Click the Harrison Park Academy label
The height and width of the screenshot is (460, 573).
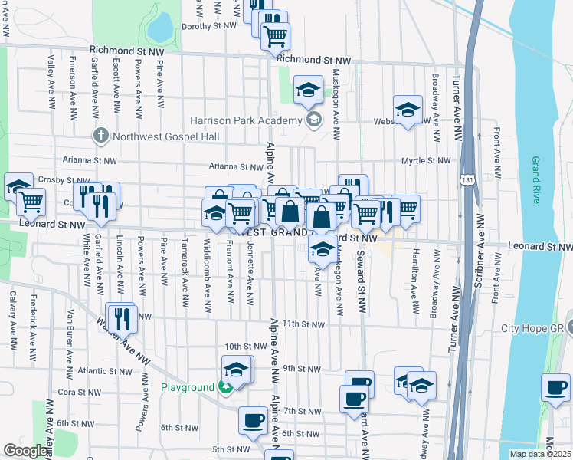coord(246,121)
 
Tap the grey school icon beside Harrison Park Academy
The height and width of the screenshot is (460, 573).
coord(313,120)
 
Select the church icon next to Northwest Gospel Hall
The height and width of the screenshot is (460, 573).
coord(100,136)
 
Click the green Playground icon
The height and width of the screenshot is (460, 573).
coord(224,387)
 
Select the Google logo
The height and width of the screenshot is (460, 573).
coord(25,451)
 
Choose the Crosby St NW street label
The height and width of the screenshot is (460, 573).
coord(54,179)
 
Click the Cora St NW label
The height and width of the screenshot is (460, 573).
coord(76,391)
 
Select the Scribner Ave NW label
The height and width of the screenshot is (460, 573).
coord(478,257)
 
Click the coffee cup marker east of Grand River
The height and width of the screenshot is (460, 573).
coord(555,386)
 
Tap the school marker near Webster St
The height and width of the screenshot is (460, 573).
coord(408,109)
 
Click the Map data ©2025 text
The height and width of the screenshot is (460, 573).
coord(541,454)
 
